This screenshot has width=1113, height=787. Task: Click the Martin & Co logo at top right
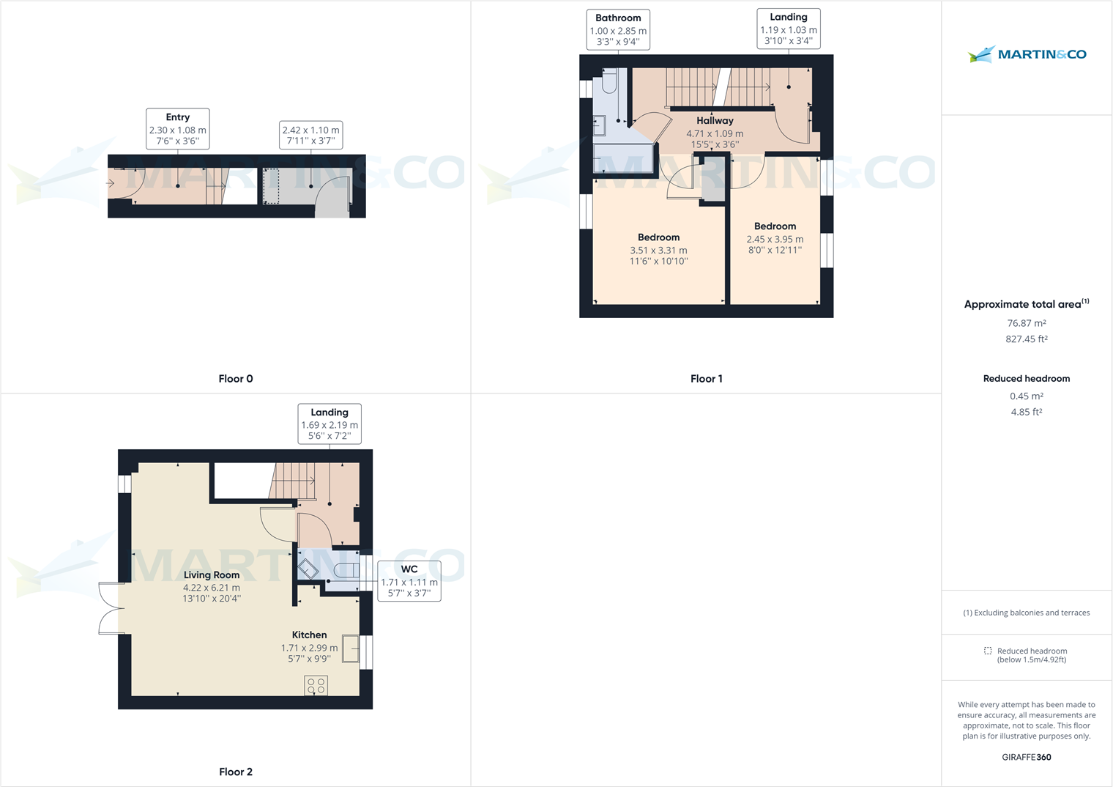[1027, 54]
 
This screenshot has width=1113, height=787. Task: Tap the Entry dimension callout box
[178, 129]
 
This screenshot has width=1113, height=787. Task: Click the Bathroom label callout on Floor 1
[618, 29]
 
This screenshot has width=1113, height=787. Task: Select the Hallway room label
[715, 121]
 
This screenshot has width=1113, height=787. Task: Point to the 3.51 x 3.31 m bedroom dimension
[658, 250]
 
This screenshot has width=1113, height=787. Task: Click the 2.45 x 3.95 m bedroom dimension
[775, 239]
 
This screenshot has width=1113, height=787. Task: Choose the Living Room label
[212, 575]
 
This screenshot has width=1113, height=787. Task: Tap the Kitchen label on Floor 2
[309, 635]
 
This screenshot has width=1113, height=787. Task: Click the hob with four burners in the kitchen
[316, 686]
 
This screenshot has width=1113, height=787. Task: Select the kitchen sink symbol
[351, 649]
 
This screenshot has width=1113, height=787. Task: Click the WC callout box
[409, 581]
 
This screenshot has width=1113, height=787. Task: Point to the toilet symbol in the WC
[346, 570]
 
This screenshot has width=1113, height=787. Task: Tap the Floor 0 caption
[236, 379]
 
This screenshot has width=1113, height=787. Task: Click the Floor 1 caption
[706, 379]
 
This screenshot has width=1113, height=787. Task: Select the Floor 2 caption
[236, 772]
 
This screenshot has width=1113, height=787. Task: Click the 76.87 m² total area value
[1026, 323]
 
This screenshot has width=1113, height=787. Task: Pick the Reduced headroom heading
[1026, 379]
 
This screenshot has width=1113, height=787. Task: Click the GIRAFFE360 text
[1026, 758]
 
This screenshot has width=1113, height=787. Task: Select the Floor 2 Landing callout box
[330, 424]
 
